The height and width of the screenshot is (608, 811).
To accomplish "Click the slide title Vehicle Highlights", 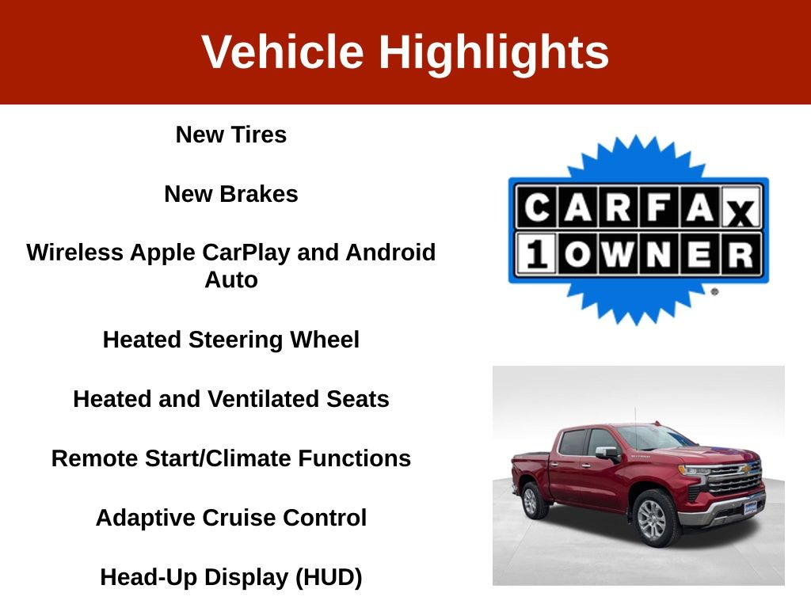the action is click(405, 51).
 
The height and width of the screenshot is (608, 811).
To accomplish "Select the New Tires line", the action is click(231, 135).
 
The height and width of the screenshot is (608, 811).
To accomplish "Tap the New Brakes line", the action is click(231, 194).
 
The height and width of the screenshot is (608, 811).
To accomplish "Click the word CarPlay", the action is click(246, 253).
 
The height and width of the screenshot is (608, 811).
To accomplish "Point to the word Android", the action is click(390, 253).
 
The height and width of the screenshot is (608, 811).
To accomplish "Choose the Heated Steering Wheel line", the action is click(231, 340).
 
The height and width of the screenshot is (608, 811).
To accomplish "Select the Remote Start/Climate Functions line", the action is click(231, 458).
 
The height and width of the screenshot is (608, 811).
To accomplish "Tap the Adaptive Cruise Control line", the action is click(231, 518).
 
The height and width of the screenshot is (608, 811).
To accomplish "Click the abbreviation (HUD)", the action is click(329, 577).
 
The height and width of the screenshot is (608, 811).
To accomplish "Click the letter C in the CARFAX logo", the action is click(537, 208).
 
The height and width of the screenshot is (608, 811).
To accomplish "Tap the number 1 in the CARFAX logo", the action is click(537, 254).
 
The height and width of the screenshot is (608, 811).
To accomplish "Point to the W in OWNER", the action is click(618, 254).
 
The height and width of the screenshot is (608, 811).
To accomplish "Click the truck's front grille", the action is click(734, 479).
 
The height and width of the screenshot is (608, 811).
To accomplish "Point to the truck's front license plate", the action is click(751, 507).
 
